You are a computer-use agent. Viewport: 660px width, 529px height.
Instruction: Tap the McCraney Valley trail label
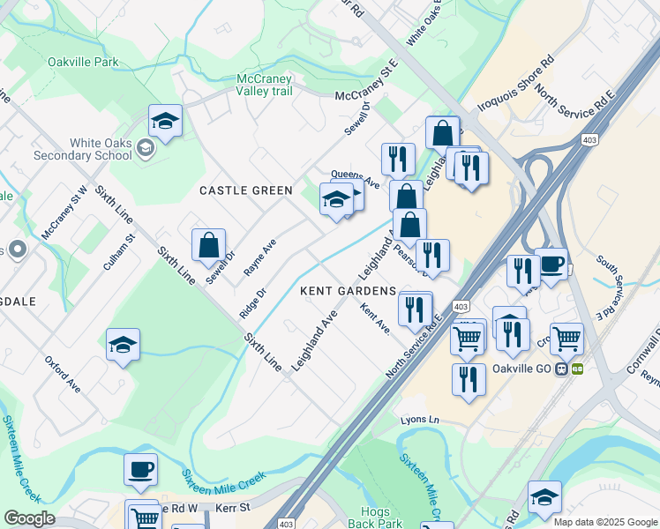point(264,85)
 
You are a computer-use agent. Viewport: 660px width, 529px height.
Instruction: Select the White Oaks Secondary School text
point(82,149)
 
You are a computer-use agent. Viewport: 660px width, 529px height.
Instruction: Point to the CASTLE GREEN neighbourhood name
point(245,190)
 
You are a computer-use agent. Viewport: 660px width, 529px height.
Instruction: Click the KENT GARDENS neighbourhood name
point(347,291)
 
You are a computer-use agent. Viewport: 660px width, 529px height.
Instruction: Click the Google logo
point(29,518)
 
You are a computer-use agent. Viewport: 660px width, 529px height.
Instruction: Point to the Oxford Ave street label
point(63,375)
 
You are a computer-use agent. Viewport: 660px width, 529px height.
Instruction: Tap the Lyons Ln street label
point(419,421)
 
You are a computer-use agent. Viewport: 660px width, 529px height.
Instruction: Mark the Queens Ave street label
point(355,175)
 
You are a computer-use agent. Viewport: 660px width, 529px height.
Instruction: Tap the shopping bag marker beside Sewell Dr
point(208,246)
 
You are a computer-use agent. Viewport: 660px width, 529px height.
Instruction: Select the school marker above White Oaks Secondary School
point(165,121)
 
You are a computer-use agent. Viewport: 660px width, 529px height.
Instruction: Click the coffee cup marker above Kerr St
point(140,470)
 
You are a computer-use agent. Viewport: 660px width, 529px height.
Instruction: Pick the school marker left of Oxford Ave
point(123,345)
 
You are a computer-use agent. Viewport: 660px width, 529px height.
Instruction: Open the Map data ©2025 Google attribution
point(604,522)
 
